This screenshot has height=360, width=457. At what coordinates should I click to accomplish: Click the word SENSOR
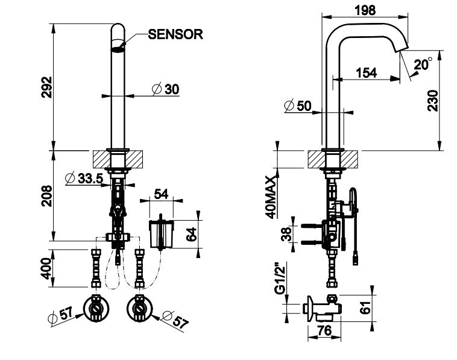click(175, 34)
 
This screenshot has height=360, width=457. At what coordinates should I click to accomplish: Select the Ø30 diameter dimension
click(164, 89)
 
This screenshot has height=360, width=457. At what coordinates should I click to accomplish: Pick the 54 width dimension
click(161, 194)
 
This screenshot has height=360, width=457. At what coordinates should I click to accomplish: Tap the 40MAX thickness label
click(270, 197)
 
